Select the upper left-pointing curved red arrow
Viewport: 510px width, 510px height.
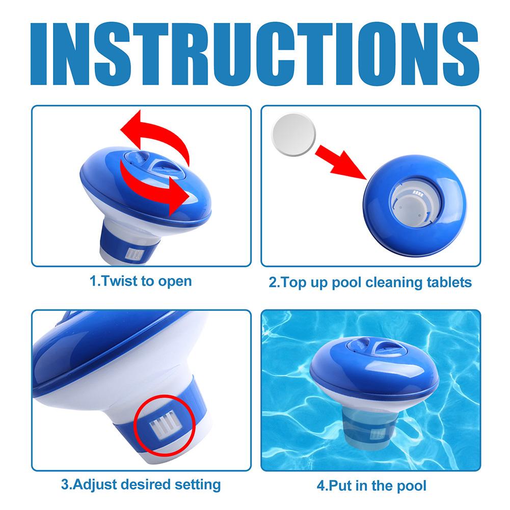[x=153, y=133]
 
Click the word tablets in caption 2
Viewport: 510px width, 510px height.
[x=447, y=282]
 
